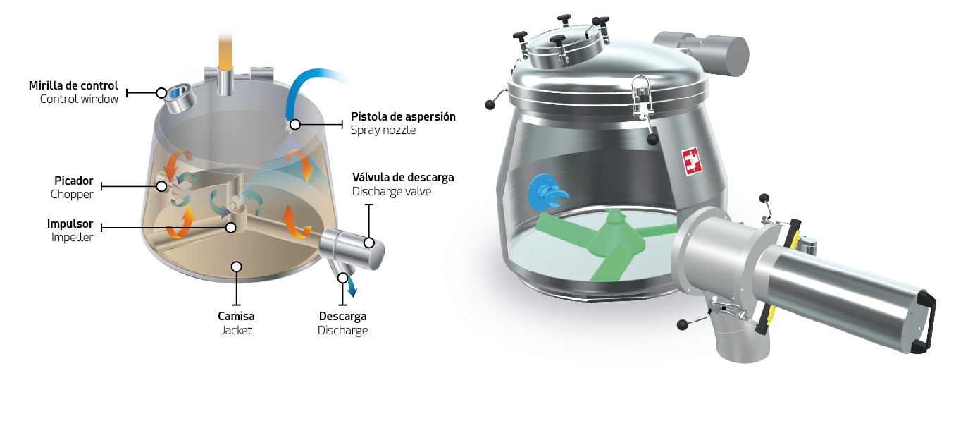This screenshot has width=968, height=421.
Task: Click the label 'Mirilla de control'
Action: pyautogui.click(x=73, y=85)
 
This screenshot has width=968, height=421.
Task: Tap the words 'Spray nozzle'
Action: pyautogui.click(x=383, y=130)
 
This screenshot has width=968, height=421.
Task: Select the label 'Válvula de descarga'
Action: pyautogui.click(x=403, y=178)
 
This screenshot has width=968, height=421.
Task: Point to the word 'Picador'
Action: pyautogui.click(x=74, y=181)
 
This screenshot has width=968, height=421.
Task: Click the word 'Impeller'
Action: pyautogui.click(x=72, y=238)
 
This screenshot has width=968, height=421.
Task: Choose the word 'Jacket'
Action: pyautogui.click(x=236, y=331)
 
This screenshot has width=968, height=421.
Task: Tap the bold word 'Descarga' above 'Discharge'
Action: pyautogui.click(x=342, y=317)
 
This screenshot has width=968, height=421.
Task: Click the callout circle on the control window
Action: pyautogui.click(x=161, y=93)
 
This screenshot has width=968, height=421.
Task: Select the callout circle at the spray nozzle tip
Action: pyautogui.click(x=295, y=125)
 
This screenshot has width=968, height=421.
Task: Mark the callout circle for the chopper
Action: pyautogui.click(x=161, y=186)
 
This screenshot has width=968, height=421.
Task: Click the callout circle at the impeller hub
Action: pyautogui.click(x=231, y=228)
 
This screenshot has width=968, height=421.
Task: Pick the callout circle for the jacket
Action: pyautogui.click(x=237, y=267)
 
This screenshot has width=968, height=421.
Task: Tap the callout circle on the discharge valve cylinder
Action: pyautogui.click(x=368, y=243)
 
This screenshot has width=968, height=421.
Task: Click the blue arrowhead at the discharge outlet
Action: pyautogui.click(x=353, y=293)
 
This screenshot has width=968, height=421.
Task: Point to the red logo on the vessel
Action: pyautogui.click(x=691, y=161)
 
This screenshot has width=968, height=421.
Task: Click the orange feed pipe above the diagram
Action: pyautogui.click(x=225, y=50)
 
